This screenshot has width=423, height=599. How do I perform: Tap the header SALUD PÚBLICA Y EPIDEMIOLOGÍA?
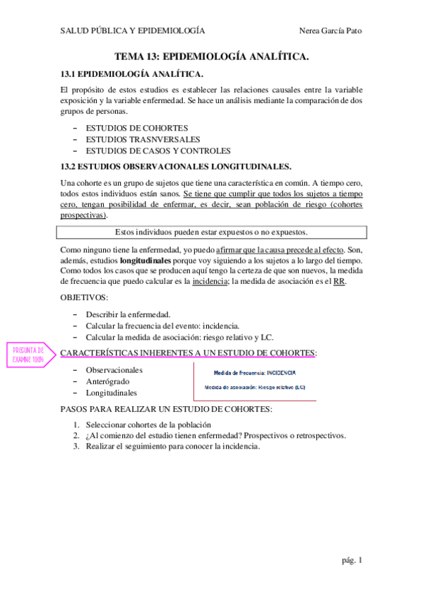(x=133, y=31)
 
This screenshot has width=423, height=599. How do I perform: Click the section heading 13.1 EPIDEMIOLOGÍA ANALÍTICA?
(x=132, y=74)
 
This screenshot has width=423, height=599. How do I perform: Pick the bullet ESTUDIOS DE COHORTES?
(x=137, y=128)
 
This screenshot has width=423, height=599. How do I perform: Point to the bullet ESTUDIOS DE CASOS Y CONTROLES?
(x=158, y=150)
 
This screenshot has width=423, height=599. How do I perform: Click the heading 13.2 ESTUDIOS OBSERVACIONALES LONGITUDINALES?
(x=176, y=167)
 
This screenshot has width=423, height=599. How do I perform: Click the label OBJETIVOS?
(x=85, y=298)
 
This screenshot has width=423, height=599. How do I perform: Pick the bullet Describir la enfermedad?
(x=128, y=314)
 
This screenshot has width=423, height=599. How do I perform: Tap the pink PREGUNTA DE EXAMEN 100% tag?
(x=29, y=355)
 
